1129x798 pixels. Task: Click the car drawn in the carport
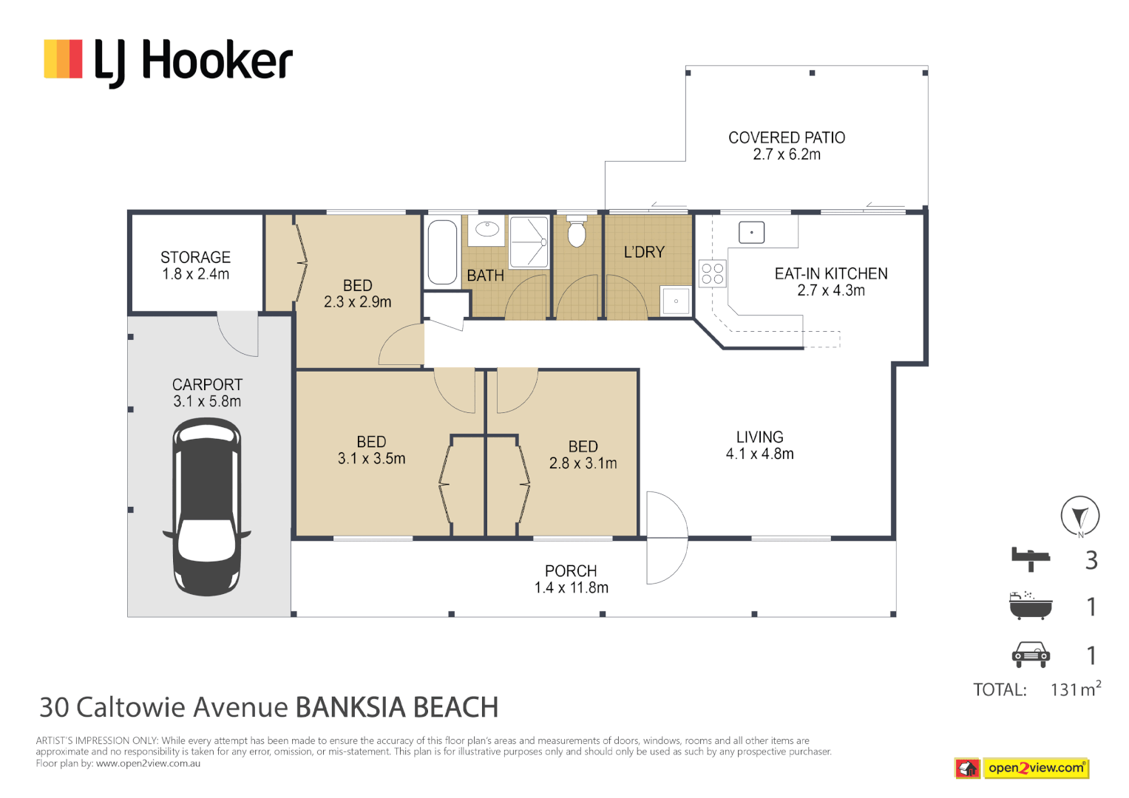click(x=206, y=507)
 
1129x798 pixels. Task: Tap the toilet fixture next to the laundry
click(x=577, y=231)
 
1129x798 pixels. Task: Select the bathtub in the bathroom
click(x=442, y=253)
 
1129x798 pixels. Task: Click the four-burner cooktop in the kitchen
click(x=713, y=273)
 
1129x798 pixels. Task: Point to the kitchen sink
click(x=751, y=233)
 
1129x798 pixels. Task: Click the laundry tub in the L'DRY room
click(x=675, y=301)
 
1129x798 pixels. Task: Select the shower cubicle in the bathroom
click(x=529, y=242)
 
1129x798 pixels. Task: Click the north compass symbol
click(x=1079, y=516)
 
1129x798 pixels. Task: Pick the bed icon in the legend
click(x=1031, y=559)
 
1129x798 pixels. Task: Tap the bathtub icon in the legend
click(x=1031, y=605)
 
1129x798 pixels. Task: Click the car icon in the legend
click(x=1031, y=655)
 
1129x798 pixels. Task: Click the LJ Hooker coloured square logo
click(x=63, y=59)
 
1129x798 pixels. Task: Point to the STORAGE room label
click(x=195, y=257)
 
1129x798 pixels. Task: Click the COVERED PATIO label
click(x=787, y=137)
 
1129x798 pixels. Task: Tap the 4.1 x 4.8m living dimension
click(x=759, y=454)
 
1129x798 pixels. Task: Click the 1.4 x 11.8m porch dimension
click(x=572, y=588)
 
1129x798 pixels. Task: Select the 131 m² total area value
click(x=1076, y=688)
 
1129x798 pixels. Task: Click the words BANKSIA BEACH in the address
click(x=396, y=707)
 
